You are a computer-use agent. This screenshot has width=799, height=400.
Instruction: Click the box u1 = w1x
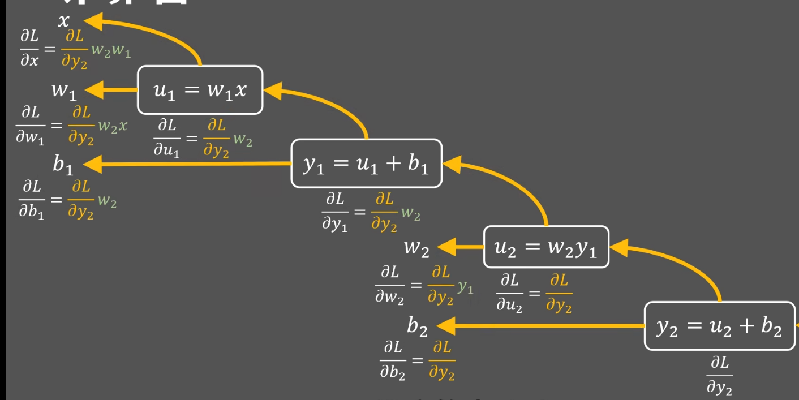pos(200,90)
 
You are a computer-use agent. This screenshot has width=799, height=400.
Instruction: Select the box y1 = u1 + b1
pos(366,164)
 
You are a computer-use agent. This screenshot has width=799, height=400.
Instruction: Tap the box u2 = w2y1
pos(546,247)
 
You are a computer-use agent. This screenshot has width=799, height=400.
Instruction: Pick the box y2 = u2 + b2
pos(720,326)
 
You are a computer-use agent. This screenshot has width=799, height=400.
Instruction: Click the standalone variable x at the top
pos(64,21)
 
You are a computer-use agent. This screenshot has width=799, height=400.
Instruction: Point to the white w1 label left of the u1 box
pos(64,91)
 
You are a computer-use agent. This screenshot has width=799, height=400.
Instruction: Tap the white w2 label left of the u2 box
pos(416,248)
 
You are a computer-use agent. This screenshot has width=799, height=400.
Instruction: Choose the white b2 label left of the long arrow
pos(416,326)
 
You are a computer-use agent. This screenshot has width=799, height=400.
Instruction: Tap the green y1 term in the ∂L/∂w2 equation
pos(466,287)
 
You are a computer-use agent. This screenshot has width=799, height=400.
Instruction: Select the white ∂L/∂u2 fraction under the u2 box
pos(509,293)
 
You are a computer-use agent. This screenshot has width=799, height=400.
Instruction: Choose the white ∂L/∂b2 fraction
pos(393,361)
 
